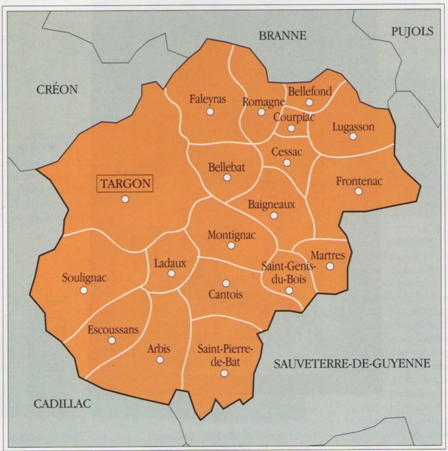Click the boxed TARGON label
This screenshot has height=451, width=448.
[125, 183]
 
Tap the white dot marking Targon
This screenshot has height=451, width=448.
[125, 199]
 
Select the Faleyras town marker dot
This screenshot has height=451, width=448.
[210, 111]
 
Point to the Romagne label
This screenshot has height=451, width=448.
[263, 101]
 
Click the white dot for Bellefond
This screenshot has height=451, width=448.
[309, 102]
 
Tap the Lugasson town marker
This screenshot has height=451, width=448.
[353, 136]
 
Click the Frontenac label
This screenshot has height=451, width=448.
[360, 181]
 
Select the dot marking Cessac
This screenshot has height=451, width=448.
[287, 163]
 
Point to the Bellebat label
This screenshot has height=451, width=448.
[227, 167]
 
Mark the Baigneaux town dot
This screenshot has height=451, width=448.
[274, 215]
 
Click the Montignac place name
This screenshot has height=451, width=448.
[231, 235]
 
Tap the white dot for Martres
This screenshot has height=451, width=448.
[330, 266]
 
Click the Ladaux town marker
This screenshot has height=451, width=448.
[171, 273]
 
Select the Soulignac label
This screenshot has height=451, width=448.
[84, 277]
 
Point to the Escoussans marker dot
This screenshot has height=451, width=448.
[112, 340]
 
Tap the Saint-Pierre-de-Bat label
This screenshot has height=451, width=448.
[225, 356]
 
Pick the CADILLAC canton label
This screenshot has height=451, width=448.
[62, 403]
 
